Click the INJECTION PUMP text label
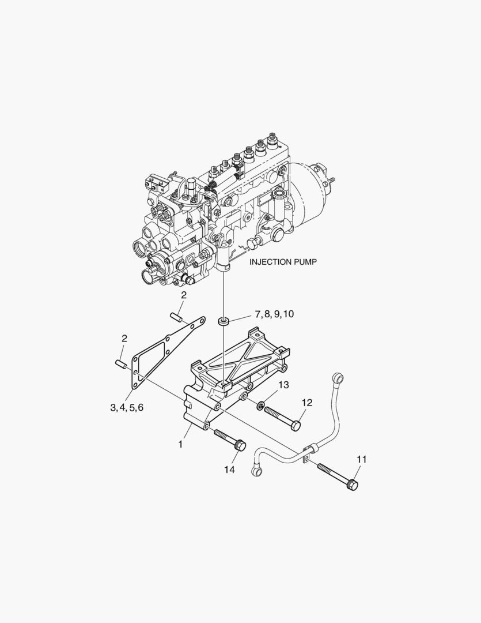pyautogui.click(x=283, y=262)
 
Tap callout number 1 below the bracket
pyautogui.click(x=180, y=445)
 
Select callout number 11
pyautogui.click(x=361, y=459)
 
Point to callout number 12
pyautogui.click(x=306, y=403)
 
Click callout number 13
pyautogui.click(x=284, y=385)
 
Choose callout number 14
pyautogui.click(x=229, y=470)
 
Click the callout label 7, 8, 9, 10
pyautogui.click(x=274, y=314)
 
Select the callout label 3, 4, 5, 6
pyautogui.click(x=127, y=407)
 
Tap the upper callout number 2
pyautogui.click(x=183, y=295)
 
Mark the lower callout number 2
pyautogui.click(x=124, y=339)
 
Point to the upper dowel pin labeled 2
pyautogui.click(x=176, y=316)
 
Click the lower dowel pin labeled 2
pyautogui.click(x=120, y=363)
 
